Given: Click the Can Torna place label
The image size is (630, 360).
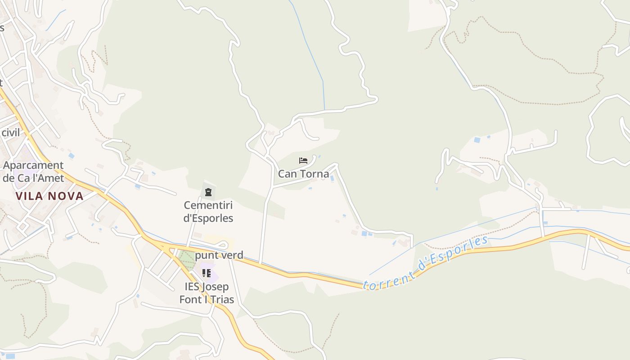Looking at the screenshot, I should (303, 174).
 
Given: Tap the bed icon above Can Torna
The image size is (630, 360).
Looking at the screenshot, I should (303, 160).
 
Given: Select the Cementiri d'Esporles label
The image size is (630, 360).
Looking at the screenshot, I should (208, 211).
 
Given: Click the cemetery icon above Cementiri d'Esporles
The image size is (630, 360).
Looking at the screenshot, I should (208, 193).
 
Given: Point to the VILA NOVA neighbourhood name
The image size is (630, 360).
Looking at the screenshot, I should (49, 196).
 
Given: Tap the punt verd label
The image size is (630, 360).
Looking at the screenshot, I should (219, 255).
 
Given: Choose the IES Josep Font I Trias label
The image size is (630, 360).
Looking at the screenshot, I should (207, 293).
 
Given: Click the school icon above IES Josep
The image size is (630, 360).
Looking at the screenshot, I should (207, 273).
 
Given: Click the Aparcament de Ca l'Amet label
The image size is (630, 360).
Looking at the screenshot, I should (33, 171).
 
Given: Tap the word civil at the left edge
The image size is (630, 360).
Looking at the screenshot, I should (11, 133).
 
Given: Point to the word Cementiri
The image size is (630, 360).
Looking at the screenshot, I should (208, 205).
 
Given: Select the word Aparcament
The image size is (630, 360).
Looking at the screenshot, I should (33, 165).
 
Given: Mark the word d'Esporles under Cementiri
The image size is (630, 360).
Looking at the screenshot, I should (208, 218).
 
